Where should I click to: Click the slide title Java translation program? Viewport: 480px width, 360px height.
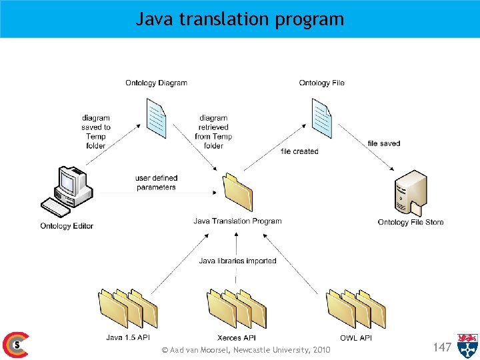pyautogui.click(x=240, y=19)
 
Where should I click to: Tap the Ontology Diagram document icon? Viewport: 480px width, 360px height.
pyautogui.click(x=156, y=118)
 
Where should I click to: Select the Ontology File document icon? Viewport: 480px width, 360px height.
pyautogui.click(x=321, y=118)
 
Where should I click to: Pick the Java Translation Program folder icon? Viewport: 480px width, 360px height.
pyautogui.click(x=238, y=192)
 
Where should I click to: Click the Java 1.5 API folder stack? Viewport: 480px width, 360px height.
pyautogui.click(x=128, y=308)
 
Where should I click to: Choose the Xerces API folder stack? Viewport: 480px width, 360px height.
pyautogui.click(x=237, y=308)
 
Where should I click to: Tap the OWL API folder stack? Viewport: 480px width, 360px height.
pyautogui.click(x=355, y=308)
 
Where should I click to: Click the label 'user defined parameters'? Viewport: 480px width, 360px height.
pyautogui.click(x=156, y=183)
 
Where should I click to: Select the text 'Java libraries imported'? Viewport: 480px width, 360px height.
pyautogui.click(x=237, y=261)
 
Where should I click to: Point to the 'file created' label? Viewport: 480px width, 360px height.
pyautogui.click(x=299, y=151)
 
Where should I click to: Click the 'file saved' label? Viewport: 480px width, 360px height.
pyautogui.click(x=384, y=143)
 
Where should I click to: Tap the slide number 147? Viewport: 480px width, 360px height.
pyautogui.click(x=442, y=347)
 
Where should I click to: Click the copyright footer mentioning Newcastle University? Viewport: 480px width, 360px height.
pyautogui.click(x=246, y=350)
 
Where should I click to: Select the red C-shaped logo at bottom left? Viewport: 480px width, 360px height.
pyautogui.click(x=15, y=345)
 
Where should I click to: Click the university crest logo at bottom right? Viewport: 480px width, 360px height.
pyautogui.click(x=467, y=346)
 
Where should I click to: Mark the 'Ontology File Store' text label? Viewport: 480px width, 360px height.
pyautogui.click(x=410, y=222)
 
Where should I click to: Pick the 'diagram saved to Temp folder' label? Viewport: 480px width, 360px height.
pyautogui.click(x=96, y=131)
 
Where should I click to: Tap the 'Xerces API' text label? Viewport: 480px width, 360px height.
pyautogui.click(x=237, y=338)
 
